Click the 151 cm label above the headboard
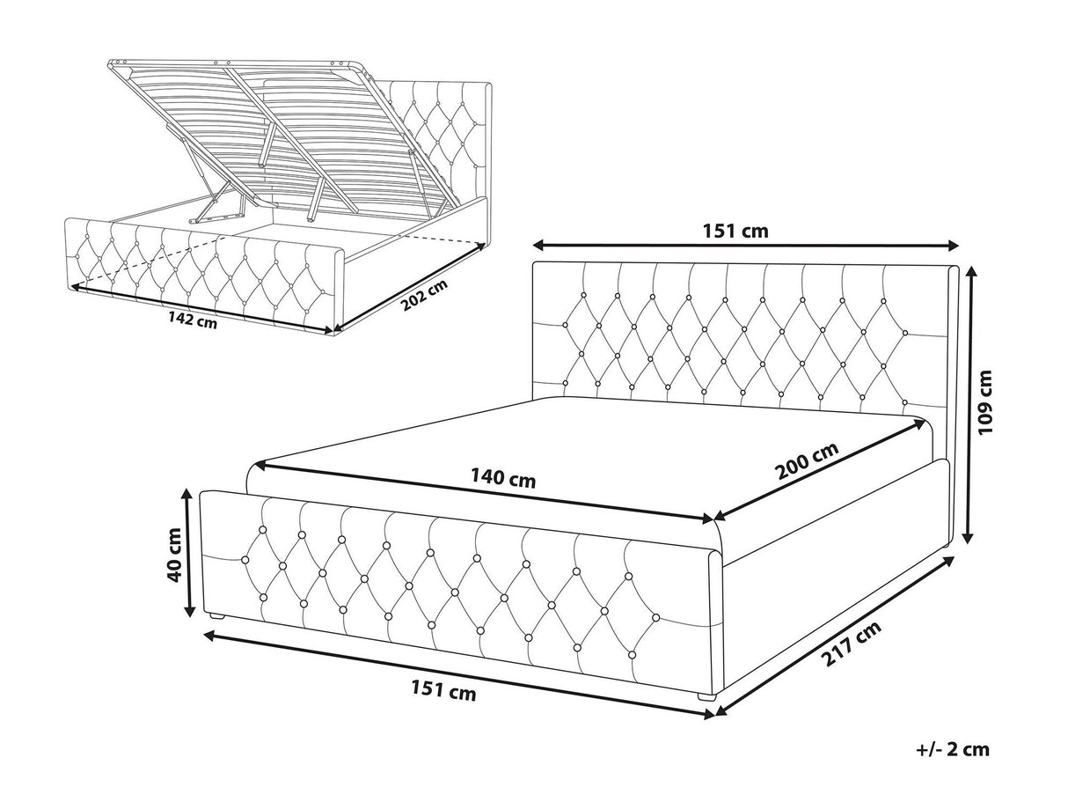(735, 231)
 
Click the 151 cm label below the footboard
(443, 690)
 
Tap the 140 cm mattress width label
(502, 478)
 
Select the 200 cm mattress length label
(807, 460)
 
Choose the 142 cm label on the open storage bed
(193, 320)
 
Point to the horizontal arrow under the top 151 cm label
(745, 245)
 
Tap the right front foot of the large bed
(707, 697)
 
